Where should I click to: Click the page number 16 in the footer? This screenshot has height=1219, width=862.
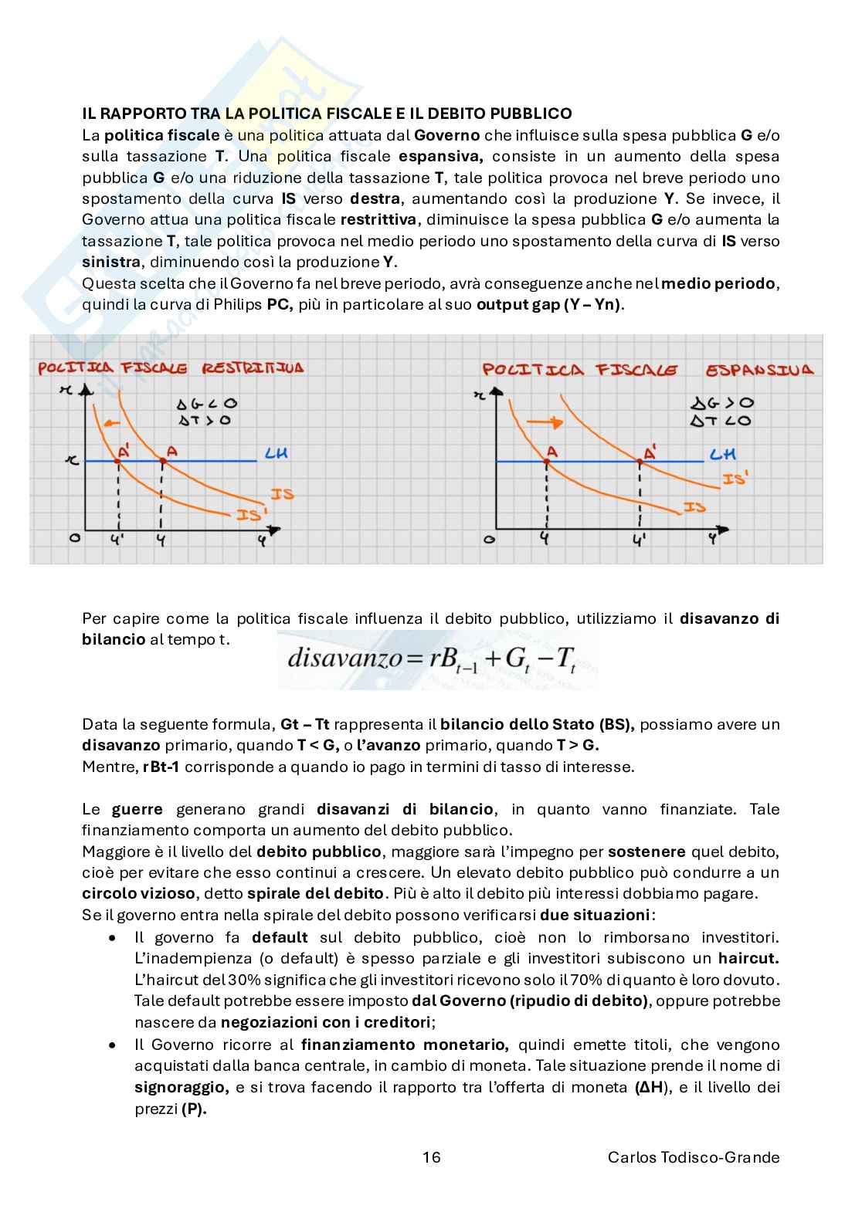pyautogui.click(x=432, y=1156)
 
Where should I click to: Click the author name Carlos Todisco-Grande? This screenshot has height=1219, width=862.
pyautogui.click(x=694, y=1156)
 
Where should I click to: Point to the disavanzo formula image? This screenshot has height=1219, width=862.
pyautogui.click(x=437, y=659)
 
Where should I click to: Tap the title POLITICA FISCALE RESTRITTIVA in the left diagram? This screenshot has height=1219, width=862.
pyautogui.click(x=171, y=368)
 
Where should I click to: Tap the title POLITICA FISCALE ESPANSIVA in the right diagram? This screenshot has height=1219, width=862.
pyautogui.click(x=647, y=370)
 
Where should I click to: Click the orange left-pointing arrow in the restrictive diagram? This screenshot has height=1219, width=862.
pyautogui.click(x=112, y=423)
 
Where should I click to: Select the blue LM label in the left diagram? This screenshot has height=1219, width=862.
pyautogui.click(x=276, y=454)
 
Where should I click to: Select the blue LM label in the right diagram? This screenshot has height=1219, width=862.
pyautogui.click(x=722, y=455)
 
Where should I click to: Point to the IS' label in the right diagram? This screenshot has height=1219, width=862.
pyautogui.click(x=735, y=479)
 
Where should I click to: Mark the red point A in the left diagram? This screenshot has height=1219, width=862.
pyautogui.click(x=162, y=461)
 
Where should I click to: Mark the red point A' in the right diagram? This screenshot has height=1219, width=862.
pyautogui.click(x=640, y=462)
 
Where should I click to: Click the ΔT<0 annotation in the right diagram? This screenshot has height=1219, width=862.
pyautogui.click(x=721, y=421)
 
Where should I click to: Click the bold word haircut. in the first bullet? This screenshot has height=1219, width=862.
pyautogui.click(x=748, y=958)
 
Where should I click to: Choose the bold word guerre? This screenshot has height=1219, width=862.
pyautogui.click(x=137, y=809)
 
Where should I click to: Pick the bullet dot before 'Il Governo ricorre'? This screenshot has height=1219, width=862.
pyautogui.click(x=114, y=1045)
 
